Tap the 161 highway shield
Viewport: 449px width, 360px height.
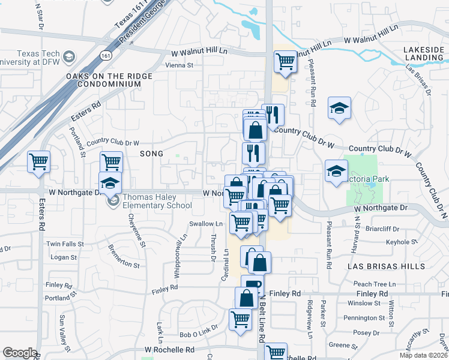[106, 55]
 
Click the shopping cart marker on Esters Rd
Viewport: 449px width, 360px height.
[39, 162]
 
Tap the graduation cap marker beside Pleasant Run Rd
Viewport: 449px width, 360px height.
[339, 108]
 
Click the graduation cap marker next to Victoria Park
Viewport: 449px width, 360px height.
[336, 171]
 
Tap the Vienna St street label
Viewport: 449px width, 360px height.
[179, 65]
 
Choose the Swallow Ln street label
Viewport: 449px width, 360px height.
[206, 224]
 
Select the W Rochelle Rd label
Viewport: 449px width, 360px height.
[170, 349]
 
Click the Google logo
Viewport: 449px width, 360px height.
[20, 353]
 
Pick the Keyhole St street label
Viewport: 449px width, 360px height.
[402, 242]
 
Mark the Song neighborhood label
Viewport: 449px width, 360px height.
[151, 154]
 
